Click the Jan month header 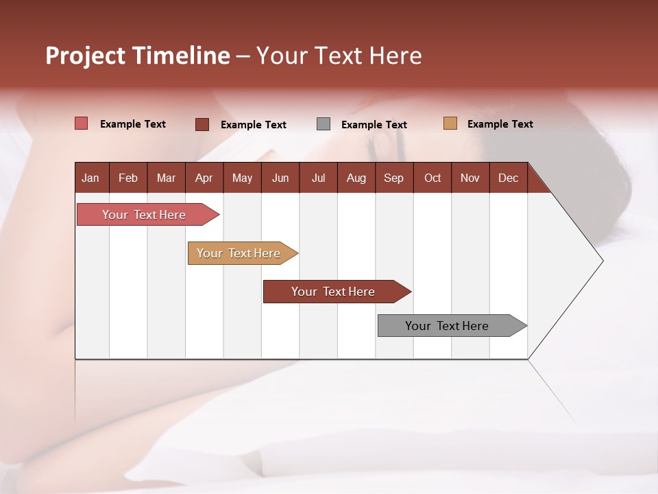coord(91,178)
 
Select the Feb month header coord(128,178)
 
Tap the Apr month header coord(204,178)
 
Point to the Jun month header coord(280,178)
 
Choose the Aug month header coord(356,178)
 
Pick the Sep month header coord(394,178)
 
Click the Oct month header coord(432,178)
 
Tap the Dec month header coord(508,178)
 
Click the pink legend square coord(82,123)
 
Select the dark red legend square coord(202,124)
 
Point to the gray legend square coord(324,124)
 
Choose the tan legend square coord(450,123)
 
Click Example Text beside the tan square coord(500,124)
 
